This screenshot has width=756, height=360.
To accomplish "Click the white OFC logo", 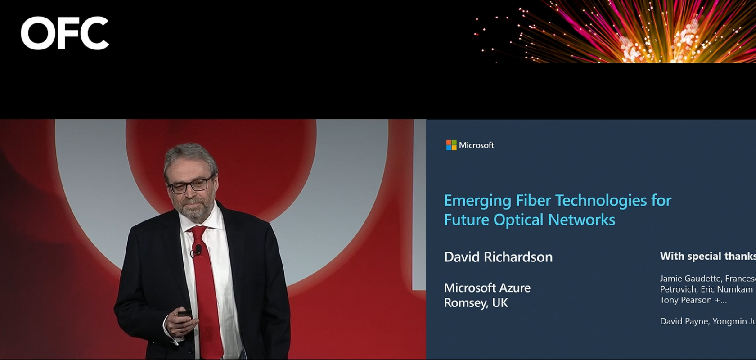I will pyautogui.click(x=65, y=33).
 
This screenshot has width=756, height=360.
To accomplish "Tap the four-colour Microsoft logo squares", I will pyautogui.click(x=451, y=145).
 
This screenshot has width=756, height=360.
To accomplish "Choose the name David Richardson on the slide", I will pyautogui.click(x=498, y=257).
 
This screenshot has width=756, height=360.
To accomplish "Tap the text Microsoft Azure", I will pyautogui.click(x=487, y=288).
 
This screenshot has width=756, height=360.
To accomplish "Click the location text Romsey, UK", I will pyautogui.click(x=476, y=303).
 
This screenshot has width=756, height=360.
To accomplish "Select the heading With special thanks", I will pyautogui.click(x=707, y=256).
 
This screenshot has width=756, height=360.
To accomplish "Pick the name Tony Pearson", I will pyautogui.click(x=686, y=300).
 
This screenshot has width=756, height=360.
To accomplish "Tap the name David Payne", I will pyautogui.click(x=684, y=321).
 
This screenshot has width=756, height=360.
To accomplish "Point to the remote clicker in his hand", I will pyautogui.click(x=184, y=314).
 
